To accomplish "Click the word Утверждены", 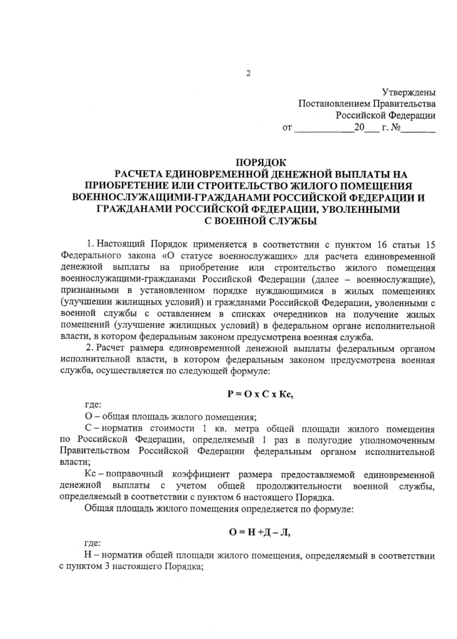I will click(409, 92).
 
